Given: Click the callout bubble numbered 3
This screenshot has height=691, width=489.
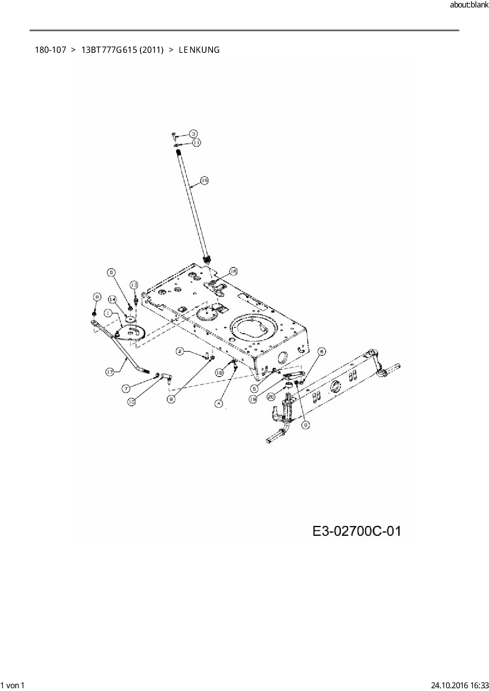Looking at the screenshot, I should click(x=194, y=133).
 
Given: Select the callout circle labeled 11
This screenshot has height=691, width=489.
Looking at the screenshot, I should click(x=197, y=142).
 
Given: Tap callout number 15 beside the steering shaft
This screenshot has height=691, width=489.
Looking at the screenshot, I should click(x=204, y=180).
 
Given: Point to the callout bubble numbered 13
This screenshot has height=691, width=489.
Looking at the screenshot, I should click(x=134, y=285).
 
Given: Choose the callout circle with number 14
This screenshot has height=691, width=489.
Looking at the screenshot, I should click(x=112, y=300).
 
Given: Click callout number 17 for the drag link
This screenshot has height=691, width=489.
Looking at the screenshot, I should click(x=110, y=372).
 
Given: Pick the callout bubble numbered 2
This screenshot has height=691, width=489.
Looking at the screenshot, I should click(x=180, y=351).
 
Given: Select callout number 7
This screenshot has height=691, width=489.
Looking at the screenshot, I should click(x=125, y=389).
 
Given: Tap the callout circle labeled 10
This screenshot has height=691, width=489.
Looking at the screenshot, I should click(x=131, y=402).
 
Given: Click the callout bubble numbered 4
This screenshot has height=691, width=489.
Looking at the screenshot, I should click(x=218, y=403).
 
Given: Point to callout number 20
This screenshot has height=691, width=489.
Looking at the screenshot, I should click(x=271, y=397).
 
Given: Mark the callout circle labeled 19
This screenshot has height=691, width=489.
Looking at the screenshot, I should click(x=253, y=399).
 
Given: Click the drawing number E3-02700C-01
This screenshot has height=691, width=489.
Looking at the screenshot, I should click(x=356, y=531).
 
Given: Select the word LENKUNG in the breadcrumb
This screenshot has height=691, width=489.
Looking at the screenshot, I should click(x=199, y=50).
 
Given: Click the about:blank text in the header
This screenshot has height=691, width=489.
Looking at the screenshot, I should click(x=469, y=5).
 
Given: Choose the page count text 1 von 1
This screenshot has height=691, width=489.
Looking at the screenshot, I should click(x=13, y=685).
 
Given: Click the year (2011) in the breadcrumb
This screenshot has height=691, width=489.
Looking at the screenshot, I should click(x=151, y=50).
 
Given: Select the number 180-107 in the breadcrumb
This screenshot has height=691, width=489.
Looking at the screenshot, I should click(x=50, y=50).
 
